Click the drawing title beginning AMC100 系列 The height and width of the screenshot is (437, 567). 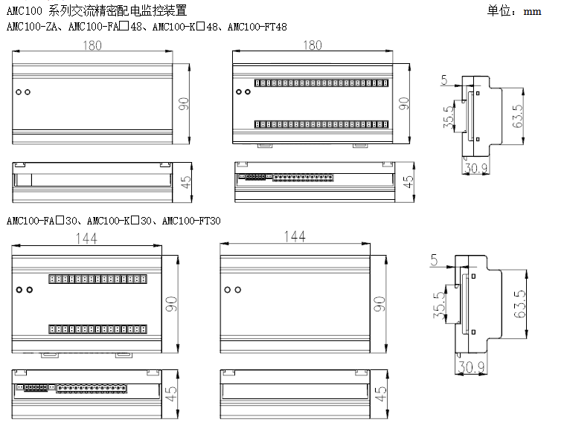[97, 10]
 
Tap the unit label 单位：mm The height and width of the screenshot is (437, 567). [514, 11]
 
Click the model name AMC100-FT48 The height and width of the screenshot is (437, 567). [257, 27]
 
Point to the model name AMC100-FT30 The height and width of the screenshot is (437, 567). [191, 221]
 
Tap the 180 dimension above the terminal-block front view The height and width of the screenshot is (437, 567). [313, 45]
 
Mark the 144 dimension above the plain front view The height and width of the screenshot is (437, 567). [295, 237]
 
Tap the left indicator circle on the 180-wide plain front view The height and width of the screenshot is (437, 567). [19, 93]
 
